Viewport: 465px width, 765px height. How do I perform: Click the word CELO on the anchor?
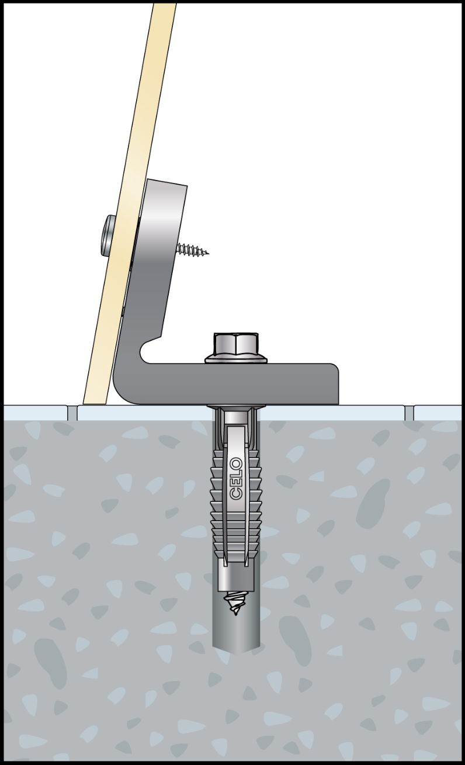tap(237, 480)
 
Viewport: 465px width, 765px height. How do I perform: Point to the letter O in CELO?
tap(237, 464)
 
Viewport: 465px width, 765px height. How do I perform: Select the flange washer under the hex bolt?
tap(236, 359)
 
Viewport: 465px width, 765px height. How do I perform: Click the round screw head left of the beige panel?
tap(106, 236)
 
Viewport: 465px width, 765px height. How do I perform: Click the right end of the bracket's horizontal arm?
tap(338, 384)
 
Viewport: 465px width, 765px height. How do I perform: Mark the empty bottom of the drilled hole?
tap(236, 642)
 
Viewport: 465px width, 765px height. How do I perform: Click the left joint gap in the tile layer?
tap(72, 413)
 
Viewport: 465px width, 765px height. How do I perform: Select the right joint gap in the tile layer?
tap(409, 413)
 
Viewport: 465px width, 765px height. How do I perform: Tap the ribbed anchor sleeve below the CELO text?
tap(235, 533)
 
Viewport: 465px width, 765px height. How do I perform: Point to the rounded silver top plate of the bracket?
tap(161, 219)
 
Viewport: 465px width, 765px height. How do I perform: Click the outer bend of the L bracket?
tap(121, 393)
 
